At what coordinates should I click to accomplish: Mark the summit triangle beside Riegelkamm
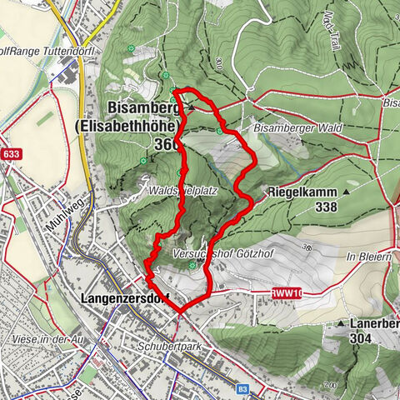pyautogui.click(x=347, y=192)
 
